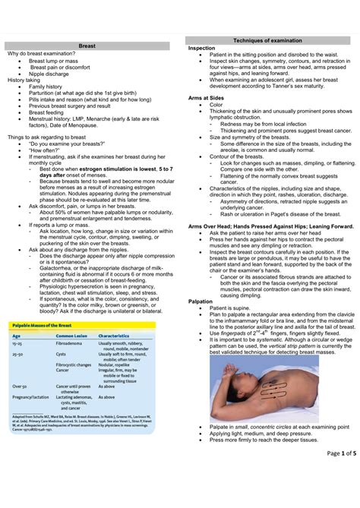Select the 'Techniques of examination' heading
click(267, 39)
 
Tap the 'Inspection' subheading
click(202, 48)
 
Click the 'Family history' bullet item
click(44, 87)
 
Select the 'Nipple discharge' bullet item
click(52, 73)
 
